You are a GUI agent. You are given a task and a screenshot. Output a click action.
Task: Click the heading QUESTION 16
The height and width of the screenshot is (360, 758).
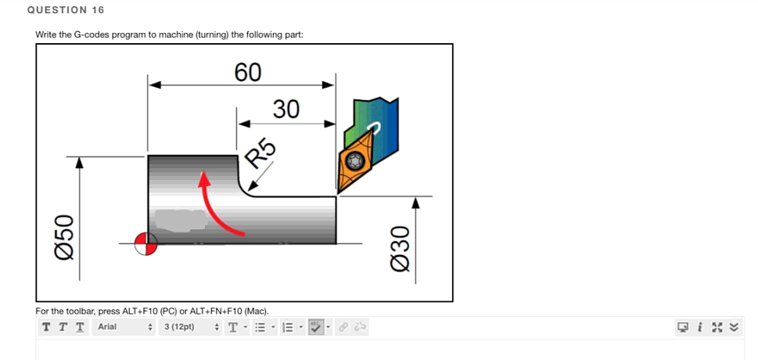click(65, 10)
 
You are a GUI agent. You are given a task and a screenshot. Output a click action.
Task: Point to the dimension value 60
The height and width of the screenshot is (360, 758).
click(248, 72)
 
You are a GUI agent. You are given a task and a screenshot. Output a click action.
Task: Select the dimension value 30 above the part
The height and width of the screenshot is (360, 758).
click(286, 110)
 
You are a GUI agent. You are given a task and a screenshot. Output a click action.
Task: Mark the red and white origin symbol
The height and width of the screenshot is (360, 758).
click(145, 244)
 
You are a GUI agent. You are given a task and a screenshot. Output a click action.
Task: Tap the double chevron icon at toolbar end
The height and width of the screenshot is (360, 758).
click(735, 326)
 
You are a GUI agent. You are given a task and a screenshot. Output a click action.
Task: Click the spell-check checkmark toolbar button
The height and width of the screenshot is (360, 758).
click(315, 326)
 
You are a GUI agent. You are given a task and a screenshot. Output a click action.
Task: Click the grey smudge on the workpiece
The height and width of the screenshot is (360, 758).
click(181, 220)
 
